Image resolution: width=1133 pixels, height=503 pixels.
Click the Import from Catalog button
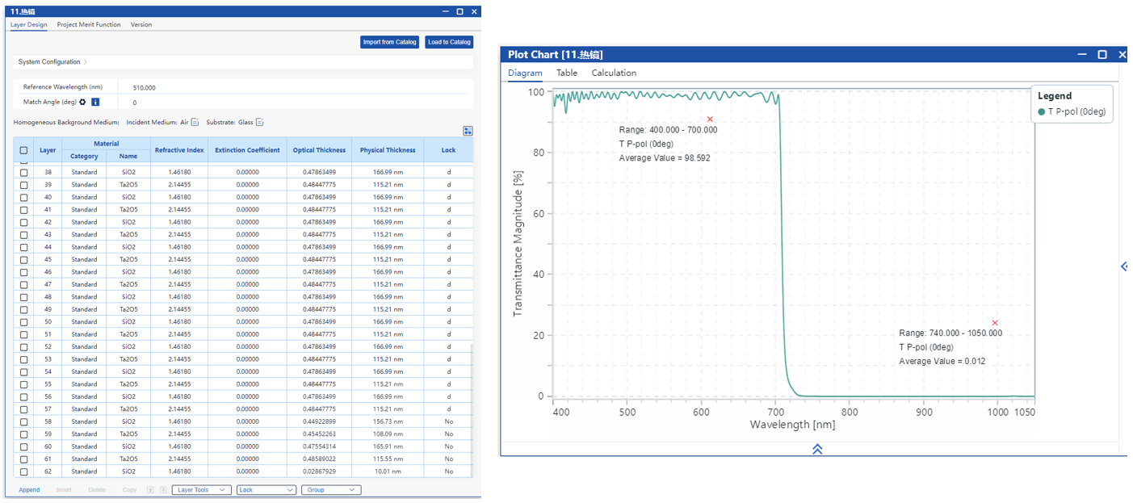[390, 42]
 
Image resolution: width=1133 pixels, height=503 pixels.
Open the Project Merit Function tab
[89, 25]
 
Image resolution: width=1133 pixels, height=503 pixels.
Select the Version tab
[141, 25]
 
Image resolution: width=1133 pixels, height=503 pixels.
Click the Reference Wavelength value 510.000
[145, 87]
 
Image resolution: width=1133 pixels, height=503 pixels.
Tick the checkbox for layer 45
[24, 259]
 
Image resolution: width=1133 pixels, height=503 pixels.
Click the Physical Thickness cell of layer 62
[388, 472]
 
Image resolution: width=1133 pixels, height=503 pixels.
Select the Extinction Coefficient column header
[247, 150]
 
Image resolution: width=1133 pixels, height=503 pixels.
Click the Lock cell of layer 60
[448, 446]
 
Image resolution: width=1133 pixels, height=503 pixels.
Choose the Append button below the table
[29, 490]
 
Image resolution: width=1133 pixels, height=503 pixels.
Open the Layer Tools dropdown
[201, 490]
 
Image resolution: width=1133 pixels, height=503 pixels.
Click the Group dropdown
[331, 490]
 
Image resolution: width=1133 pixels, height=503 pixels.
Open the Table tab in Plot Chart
[567, 73]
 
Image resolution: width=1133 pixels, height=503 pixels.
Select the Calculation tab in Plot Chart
[614, 73]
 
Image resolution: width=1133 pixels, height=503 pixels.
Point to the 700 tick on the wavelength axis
[776, 413]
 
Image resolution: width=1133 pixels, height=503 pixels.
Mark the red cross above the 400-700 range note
[710, 119]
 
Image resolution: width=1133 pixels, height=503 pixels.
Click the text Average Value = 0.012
[942, 362]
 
